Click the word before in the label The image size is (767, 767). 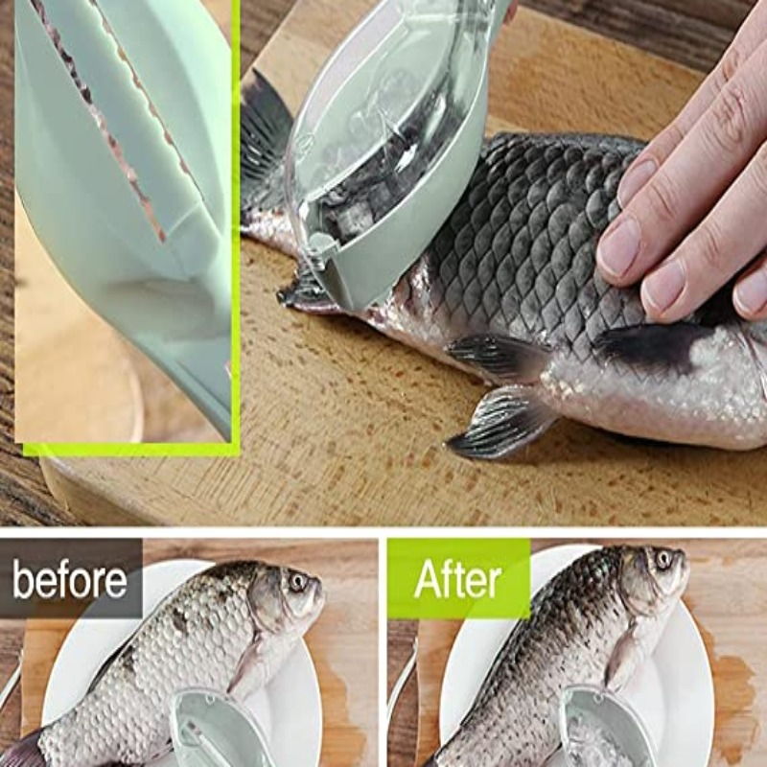(x=69, y=580)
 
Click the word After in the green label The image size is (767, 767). (x=457, y=579)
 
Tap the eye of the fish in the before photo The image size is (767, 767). (x=298, y=582)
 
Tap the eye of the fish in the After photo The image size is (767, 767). (x=663, y=559)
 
